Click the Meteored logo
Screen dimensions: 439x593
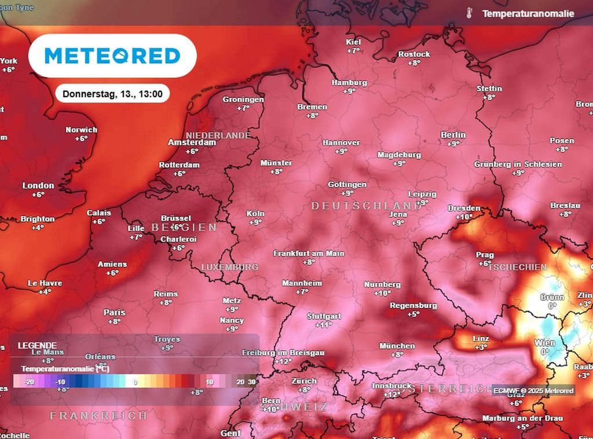click(x=112, y=56)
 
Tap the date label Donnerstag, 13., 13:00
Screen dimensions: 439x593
click(x=112, y=93)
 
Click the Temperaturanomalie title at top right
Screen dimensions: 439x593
click(x=528, y=13)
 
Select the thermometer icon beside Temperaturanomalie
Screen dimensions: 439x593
click(x=470, y=13)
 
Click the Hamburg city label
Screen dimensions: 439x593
click(x=349, y=83)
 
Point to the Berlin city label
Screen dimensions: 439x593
click(x=453, y=135)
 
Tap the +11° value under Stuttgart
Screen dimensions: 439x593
click(x=323, y=325)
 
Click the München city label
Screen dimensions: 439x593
click(x=397, y=346)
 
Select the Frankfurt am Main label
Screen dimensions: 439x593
click(x=309, y=253)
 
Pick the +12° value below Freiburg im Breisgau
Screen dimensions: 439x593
click(x=283, y=361)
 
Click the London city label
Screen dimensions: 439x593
click(x=38, y=186)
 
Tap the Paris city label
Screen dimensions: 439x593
click(x=115, y=312)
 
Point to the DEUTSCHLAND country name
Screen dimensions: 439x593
click(x=367, y=206)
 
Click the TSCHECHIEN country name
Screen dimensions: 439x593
click(x=517, y=267)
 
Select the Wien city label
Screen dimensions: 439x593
click(x=544, y=343)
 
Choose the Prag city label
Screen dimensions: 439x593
click(x=485, y=255)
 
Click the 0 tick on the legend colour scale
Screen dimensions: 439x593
click(x=135, y=382)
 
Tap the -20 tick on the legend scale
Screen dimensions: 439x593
click(x=30, y=382)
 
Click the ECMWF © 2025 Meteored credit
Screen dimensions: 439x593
click(x=533, y=390)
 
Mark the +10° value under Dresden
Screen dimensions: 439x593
click(x=464, y=217)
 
